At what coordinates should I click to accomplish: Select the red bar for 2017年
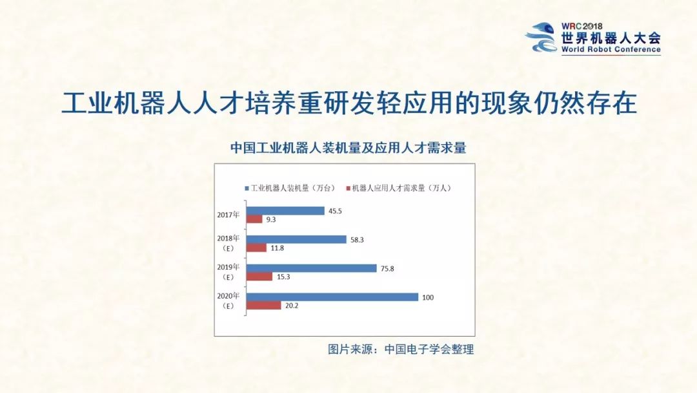[255, 219]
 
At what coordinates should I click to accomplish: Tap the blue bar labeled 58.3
[297, 239]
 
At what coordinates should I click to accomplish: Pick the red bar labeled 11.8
[257, 248]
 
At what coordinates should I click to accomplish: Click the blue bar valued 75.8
[312, 268]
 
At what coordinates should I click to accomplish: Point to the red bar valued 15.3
[260, 277]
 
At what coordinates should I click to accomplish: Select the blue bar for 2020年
[333, 297]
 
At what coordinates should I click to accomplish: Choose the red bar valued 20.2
[264, 305]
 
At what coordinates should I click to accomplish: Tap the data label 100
[428, 297]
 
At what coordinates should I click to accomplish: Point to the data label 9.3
[271, 220]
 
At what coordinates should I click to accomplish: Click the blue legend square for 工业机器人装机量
[247, 188]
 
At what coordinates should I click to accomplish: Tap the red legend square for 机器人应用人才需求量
[348, 188]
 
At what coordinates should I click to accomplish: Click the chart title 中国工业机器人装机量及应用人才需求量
[348, 147]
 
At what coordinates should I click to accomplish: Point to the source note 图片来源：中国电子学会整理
[401, 350]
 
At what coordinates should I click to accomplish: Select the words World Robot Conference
[611, 50]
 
